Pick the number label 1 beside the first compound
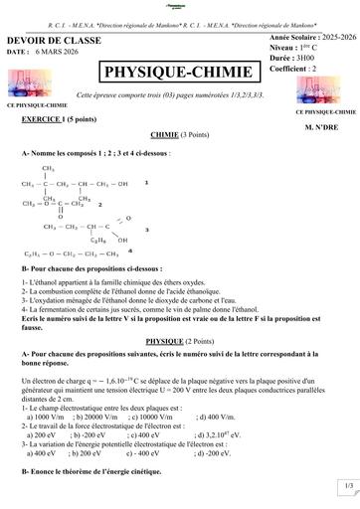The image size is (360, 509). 147,183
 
